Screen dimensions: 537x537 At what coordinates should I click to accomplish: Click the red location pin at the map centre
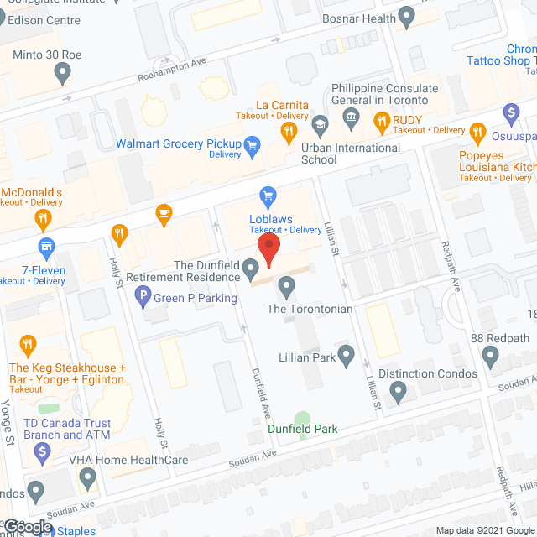pyautogui.click(x=268, y=249)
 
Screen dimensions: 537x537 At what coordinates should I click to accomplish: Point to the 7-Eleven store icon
pyautogui.click(x=47, y=246)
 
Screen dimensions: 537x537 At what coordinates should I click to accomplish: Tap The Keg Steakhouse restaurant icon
pyautogui.click(x=29, y=344)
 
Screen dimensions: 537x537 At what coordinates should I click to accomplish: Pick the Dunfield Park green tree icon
pyautogui.click(x=302, y=418)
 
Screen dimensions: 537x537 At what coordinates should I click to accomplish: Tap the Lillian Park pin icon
pyautogui.click(x=345, y=356)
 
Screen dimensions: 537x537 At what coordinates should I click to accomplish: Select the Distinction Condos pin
pyautogui.click(x=399, y=391)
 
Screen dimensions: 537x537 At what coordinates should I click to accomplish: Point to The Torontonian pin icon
pyautogui.click(x=287, y=289)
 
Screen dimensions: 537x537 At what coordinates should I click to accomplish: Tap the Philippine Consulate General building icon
pyautogui.click(x=351, y=115)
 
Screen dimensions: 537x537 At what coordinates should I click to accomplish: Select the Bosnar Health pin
pyautogui.click(x=407, y=16)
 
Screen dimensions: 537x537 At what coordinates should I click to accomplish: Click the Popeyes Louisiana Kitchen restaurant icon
pyautogui.click(x=478, y=131)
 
